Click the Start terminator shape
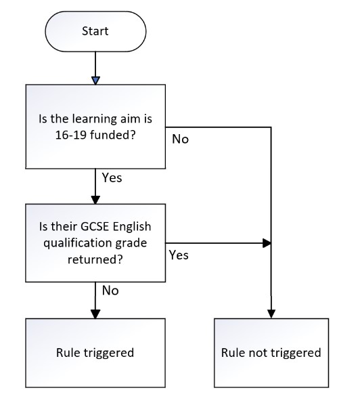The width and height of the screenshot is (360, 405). pos(95,31)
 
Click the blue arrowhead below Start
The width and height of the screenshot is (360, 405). pos(95,81)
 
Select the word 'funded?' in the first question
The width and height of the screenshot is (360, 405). pos(113,135)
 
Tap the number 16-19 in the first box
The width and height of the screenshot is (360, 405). pos(70,135)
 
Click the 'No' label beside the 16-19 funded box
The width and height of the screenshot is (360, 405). pos(181,139)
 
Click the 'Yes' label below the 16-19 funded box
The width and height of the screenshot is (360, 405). pos(112,177)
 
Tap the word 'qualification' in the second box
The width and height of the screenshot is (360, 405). pos(77,243)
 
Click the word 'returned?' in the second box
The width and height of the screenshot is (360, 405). pos(95,259)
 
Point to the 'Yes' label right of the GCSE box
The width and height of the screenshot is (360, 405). pos(179,255)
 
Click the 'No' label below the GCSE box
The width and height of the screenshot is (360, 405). pos(110,291)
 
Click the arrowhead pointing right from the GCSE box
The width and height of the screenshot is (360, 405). pos(267,243)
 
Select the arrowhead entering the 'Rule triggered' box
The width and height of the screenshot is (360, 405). pos(95,314)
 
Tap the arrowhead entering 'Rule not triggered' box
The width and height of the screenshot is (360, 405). pos(271,314)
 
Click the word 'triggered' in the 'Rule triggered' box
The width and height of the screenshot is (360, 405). pos(109,353)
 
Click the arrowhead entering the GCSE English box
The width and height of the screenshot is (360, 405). pos(95,200)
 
